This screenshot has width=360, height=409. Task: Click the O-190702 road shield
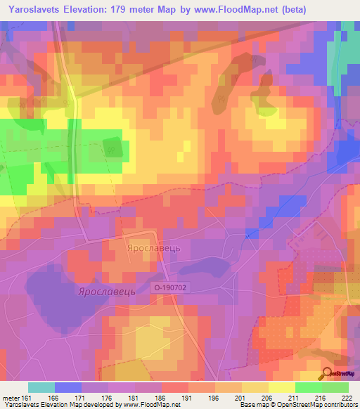[172, 287]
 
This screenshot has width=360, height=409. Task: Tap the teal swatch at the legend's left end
[41, 387]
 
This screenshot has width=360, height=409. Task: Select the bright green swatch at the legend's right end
[335, 387]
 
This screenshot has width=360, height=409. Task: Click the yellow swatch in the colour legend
[282, 387]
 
